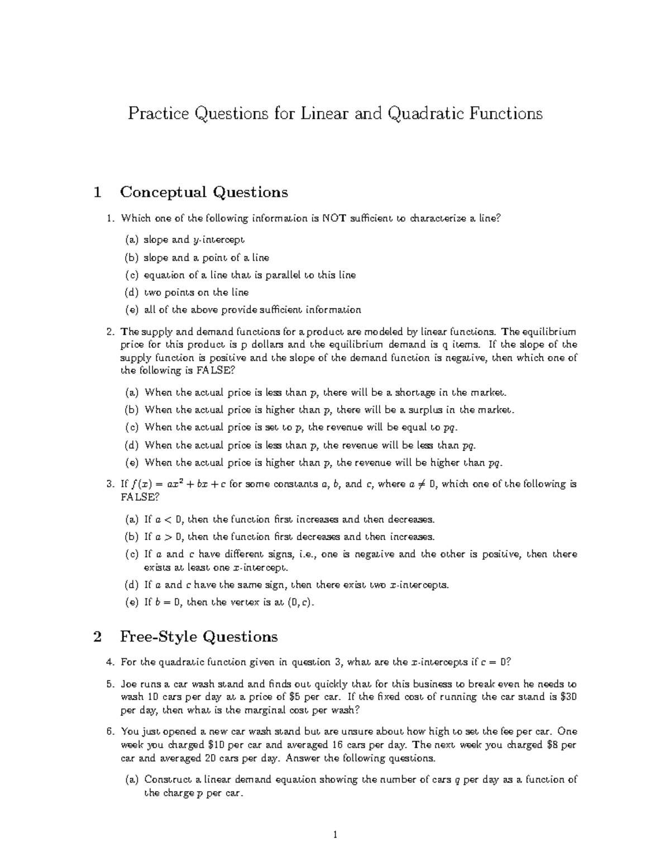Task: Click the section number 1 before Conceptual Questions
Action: [98, 193]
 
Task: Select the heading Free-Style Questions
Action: [199, 637]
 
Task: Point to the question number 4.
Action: [110, 663]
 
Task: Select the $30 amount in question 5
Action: [568, 697]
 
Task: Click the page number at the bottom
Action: [335, 836]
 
